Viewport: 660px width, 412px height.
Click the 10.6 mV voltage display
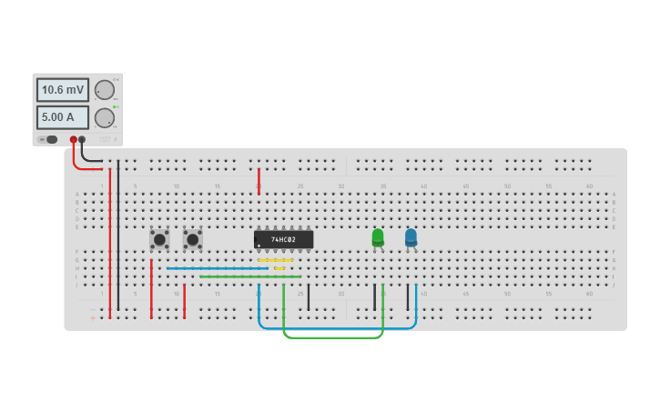pyautogui.click(x=63, y=90)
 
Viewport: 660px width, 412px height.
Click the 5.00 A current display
pyautogui.click(x=63, y=117)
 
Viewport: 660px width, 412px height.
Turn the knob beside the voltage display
pyautogui.click(x=105, y=90)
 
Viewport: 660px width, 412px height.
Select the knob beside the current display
pyautogui.click(x=105, y=117)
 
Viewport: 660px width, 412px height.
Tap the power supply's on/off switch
pyautogui.click(x=51, y=139)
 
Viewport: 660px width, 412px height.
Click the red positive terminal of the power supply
pyautogui.click(x=74, y=139)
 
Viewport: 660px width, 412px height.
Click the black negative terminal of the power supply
pyautogui.click(x=83, y=139)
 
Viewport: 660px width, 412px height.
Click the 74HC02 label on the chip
pyautogui.click(x=284, y=239)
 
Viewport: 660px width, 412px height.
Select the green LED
pyautogui.click(x=378, y=237)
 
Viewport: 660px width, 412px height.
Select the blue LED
pyautogui.click(x=411, y=237)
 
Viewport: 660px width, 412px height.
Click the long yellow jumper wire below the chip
pyautogui.click(x=275, y=260)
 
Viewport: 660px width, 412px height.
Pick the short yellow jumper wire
pyautogui.click(x=279, y=268)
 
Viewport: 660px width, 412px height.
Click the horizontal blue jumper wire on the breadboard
pyautogui.click(x=217, y=268)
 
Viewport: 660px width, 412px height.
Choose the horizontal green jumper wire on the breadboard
pyautogui.click(x=250, y=276)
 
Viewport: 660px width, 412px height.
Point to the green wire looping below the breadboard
pyautogui.click(x=332, y=337)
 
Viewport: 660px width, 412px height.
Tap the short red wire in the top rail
pyautogui.click(x=259, y=180)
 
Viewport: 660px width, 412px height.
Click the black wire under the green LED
pyautogui.click(x=374, y=296)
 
